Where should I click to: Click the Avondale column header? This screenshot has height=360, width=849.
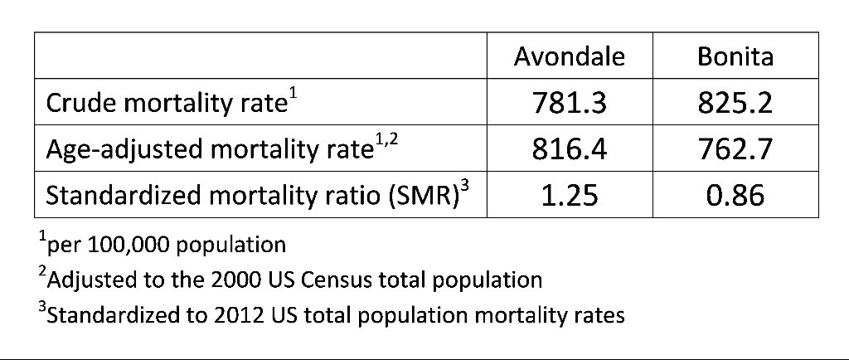569,56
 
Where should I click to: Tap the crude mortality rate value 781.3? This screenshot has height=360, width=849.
569,104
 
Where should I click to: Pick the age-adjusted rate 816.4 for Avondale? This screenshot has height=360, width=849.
569,150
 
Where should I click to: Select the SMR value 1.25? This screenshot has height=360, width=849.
569,197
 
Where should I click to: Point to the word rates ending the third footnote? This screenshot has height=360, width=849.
599,316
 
